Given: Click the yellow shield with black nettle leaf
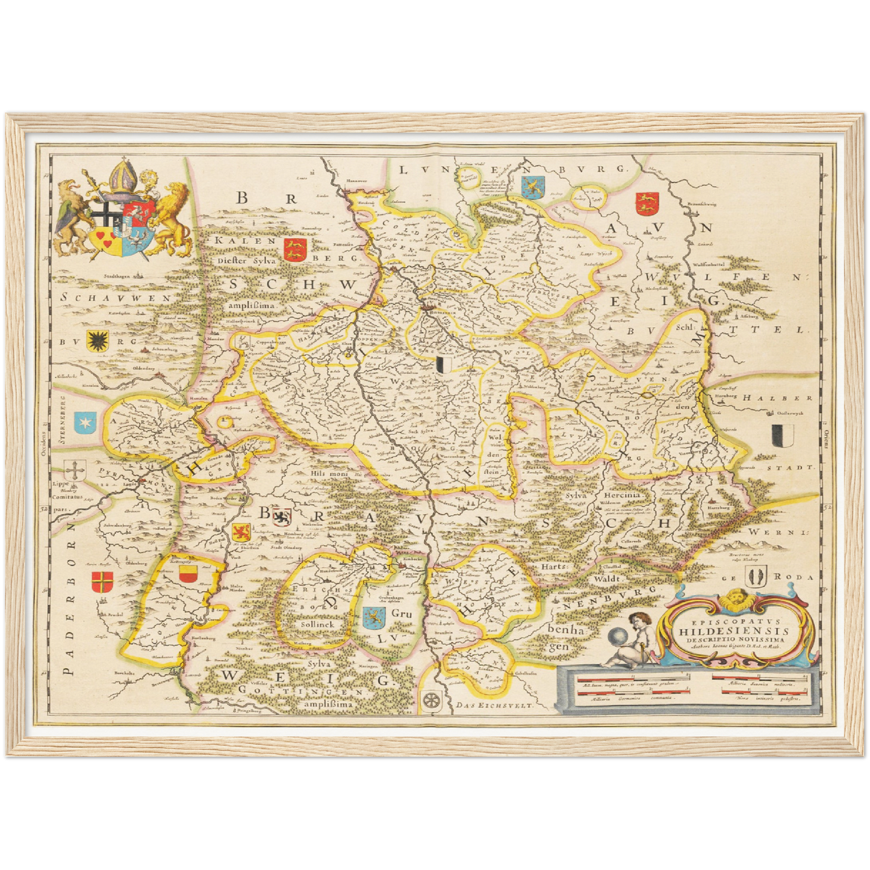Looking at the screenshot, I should (x=96, y=341).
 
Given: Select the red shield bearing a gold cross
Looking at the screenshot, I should (x=101, y=582).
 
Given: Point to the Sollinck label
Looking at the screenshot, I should (x=317, y=624).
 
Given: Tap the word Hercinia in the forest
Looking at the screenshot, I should (x=622, y=494).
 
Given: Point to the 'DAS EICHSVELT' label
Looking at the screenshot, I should (x=495, y=705).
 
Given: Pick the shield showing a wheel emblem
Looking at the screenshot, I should (x=432, y=700).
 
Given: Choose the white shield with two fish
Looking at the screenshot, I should (x=754, y=577).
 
